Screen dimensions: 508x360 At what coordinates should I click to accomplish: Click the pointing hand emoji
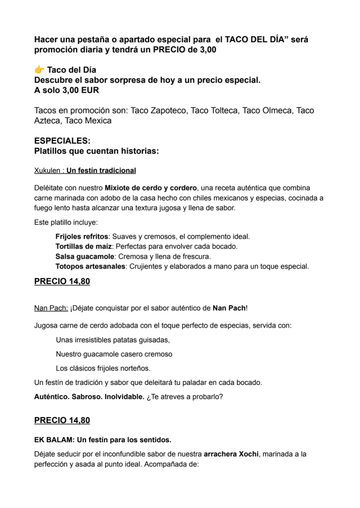[x=39, y=70]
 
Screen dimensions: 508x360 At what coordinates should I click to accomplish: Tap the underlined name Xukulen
[x=47, y=170]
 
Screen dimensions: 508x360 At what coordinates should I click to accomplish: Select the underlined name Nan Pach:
[x=51, y=308]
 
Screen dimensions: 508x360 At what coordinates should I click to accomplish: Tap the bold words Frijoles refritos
[x=82, y=237]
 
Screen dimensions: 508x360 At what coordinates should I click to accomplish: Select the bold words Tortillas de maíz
[x=84, y=247]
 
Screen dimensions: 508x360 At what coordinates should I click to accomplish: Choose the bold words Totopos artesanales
[x=90, y=266]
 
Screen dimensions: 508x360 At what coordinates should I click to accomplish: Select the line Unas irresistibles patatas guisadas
[x=112, y=340]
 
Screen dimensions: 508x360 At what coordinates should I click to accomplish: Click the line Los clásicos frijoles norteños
[x=103, y=368]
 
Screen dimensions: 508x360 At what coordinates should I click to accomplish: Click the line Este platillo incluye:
[x=66, y=223]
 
